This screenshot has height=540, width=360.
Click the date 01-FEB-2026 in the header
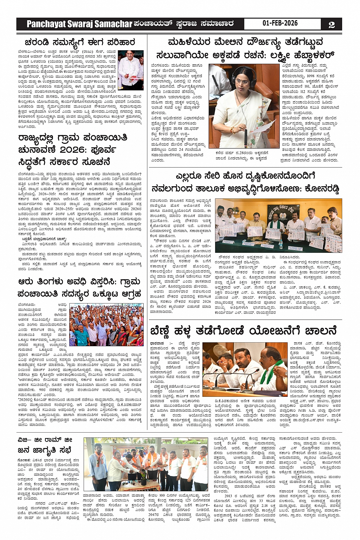[280, 23]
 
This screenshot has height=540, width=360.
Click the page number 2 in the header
[331, 24]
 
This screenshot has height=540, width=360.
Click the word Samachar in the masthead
[113, 24]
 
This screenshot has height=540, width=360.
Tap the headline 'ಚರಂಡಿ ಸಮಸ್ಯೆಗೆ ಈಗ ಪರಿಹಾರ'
[80, 42]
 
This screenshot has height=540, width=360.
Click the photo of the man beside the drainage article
[131, 70]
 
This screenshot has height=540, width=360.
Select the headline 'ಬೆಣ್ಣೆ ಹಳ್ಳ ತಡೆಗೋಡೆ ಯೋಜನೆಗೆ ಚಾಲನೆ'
[243, 329]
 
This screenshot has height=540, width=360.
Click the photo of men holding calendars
[278, 225]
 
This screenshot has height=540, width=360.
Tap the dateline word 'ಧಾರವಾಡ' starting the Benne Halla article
[157, 343]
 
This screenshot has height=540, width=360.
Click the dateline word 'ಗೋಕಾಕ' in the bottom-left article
[24, 460]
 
